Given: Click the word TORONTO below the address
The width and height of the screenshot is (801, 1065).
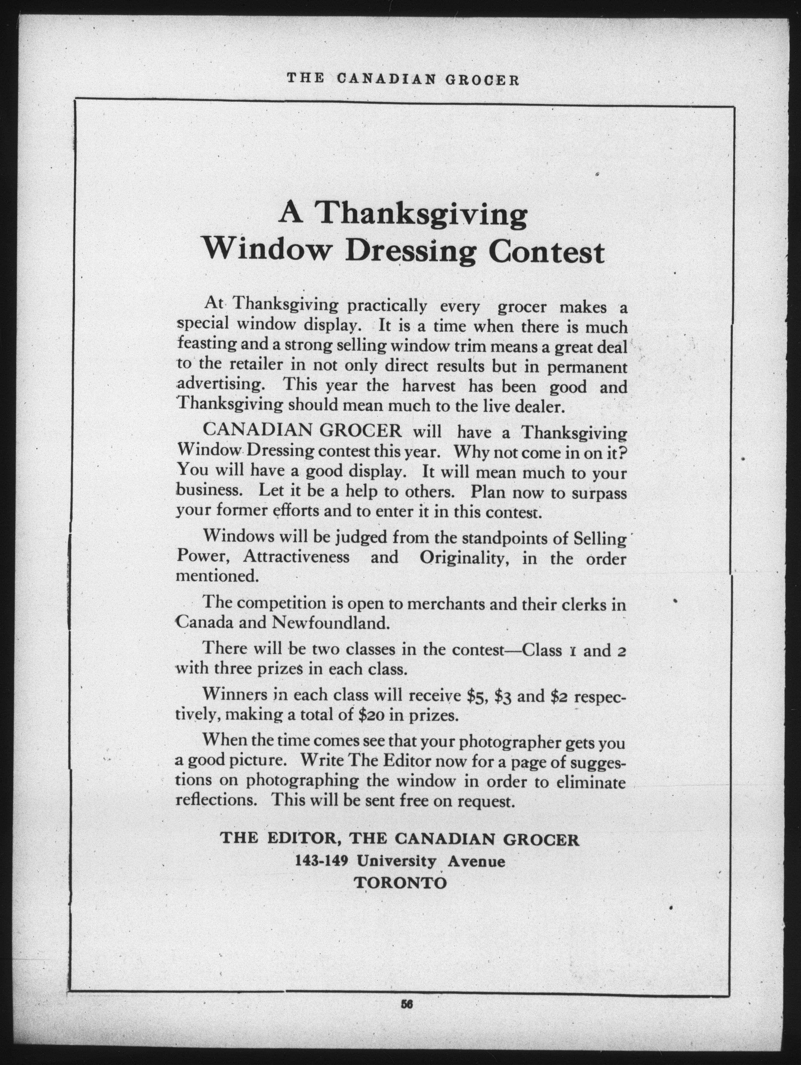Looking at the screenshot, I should click(x=401, y=883).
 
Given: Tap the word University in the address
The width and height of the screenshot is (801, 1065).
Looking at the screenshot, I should click(x=397, y=861).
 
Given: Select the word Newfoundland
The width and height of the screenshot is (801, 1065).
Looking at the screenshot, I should click(x=330, y=623).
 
